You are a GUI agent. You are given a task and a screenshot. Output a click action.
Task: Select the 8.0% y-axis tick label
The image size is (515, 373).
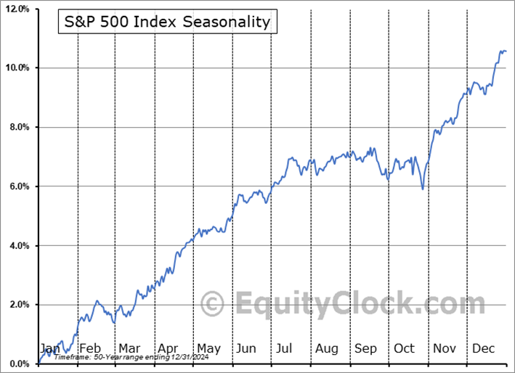[x=18, y=127]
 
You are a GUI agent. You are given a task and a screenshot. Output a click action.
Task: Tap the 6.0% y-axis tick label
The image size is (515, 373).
[x=18, y=186]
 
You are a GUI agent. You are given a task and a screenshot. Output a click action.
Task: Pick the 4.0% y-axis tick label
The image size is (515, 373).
[x=18, y=246]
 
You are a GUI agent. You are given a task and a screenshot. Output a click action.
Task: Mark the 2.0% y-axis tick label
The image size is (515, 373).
[x=18, y=305]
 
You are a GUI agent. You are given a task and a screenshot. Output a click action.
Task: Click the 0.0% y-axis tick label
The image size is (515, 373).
[x=18, y=364]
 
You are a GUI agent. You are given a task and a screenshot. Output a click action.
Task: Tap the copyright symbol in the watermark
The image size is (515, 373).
[x=213, y=303]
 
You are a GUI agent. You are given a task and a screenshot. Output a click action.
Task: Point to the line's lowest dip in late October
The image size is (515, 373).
[x=423, y=189]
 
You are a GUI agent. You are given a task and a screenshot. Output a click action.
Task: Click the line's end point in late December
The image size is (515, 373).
[x=506, y=52]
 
